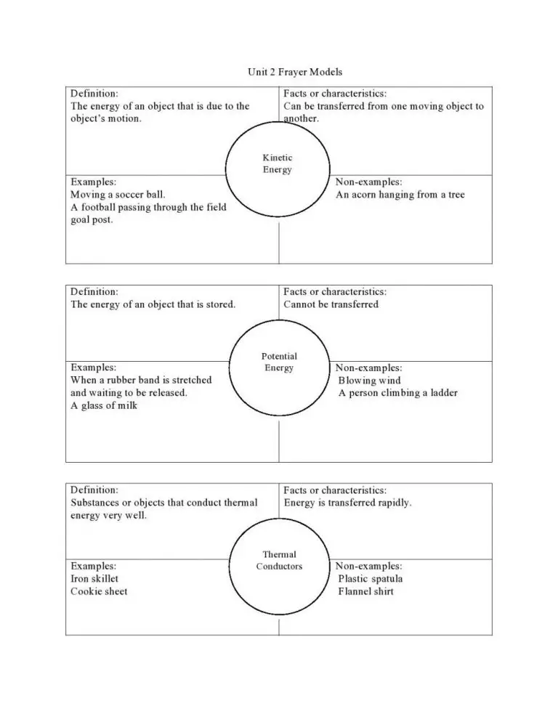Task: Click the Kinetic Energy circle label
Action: tap(278, 164)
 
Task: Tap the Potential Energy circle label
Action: tap(279, 362)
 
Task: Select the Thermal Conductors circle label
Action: tap(279, 561)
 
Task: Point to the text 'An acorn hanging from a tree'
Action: tap(400, 195)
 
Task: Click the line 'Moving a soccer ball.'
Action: tap(118, 195)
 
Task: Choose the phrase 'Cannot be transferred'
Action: tap(331, 304)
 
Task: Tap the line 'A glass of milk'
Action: tap(104, 405)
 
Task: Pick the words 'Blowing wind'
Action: tap(369, 381)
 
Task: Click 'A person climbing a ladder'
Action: tap(398, 393)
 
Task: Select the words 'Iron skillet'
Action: tap(94, 579)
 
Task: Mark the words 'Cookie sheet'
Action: tap(99, 591)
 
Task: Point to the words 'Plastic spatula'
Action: tap(370, 579)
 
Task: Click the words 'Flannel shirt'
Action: tap(365, 591)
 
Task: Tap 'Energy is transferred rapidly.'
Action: tap(347, 503)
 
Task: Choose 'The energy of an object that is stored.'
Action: tap(153, 304)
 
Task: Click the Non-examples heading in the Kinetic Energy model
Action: tap(368, 182)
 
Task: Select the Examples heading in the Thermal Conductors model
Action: tap(93, 566)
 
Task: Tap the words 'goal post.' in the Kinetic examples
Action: tap(92, 220)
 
